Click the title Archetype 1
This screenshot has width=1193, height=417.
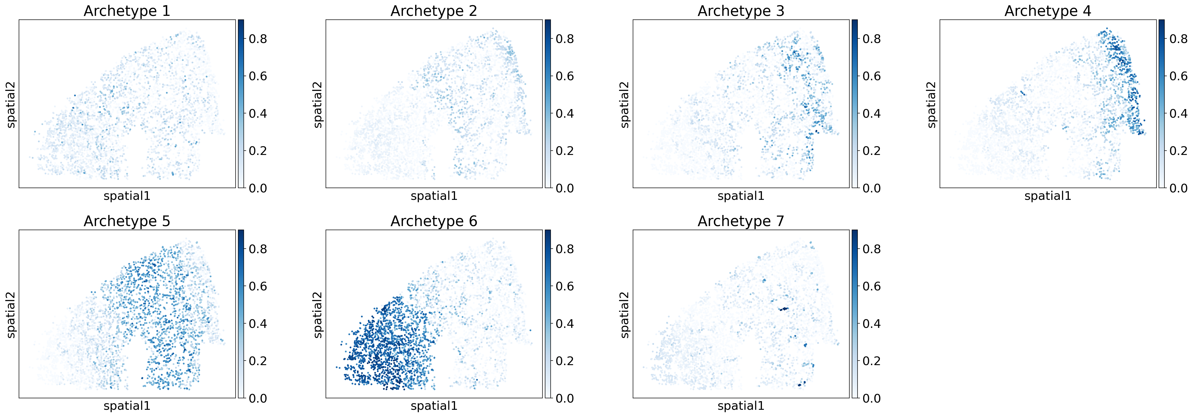point(127,11)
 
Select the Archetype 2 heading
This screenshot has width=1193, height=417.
point(434,11)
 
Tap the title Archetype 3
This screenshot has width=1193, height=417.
point(741,11)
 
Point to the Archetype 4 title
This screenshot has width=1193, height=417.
point(1048,11)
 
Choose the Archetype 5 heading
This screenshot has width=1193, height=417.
point(127,221)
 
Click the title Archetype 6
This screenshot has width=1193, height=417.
point(434,221)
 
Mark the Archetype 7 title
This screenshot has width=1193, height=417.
point(741,221)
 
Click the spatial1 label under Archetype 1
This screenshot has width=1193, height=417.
point(127,196)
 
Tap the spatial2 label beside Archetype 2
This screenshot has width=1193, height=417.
point(318,104)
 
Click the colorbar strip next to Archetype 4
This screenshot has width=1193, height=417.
point(1162,104)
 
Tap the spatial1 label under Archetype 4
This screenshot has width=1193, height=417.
point(1048,196)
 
